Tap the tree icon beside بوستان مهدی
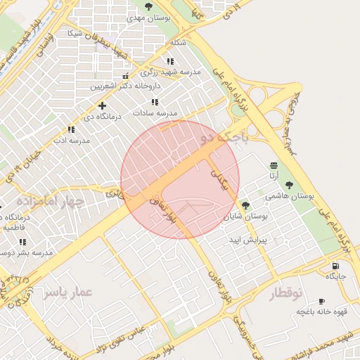pyautogui.click(x=148, y=6)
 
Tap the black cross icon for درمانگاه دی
pyautogui.click(x=103, y=105)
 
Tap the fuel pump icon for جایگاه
pyautogui.click(x=335, y=266)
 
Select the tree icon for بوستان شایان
pyautogui.click(x=245, y=206)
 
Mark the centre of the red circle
pyautogui.click(x=180, y=179)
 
